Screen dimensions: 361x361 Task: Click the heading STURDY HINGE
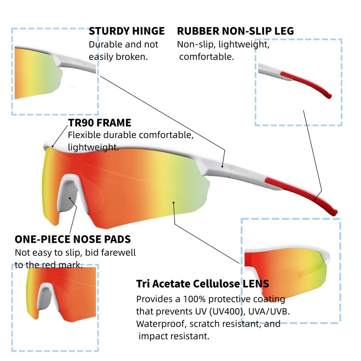point(126,31)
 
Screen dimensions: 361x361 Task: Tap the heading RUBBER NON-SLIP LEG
point(235,31)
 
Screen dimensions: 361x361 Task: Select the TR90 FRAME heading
point(100,123)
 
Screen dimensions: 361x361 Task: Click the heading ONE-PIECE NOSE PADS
point(73,239)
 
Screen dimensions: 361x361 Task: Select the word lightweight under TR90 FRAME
point(93,147)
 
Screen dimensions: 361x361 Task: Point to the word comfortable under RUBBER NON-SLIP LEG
point(207,57)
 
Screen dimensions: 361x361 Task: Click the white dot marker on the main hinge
point(222,167)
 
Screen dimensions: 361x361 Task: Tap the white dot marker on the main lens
point(174,203)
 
